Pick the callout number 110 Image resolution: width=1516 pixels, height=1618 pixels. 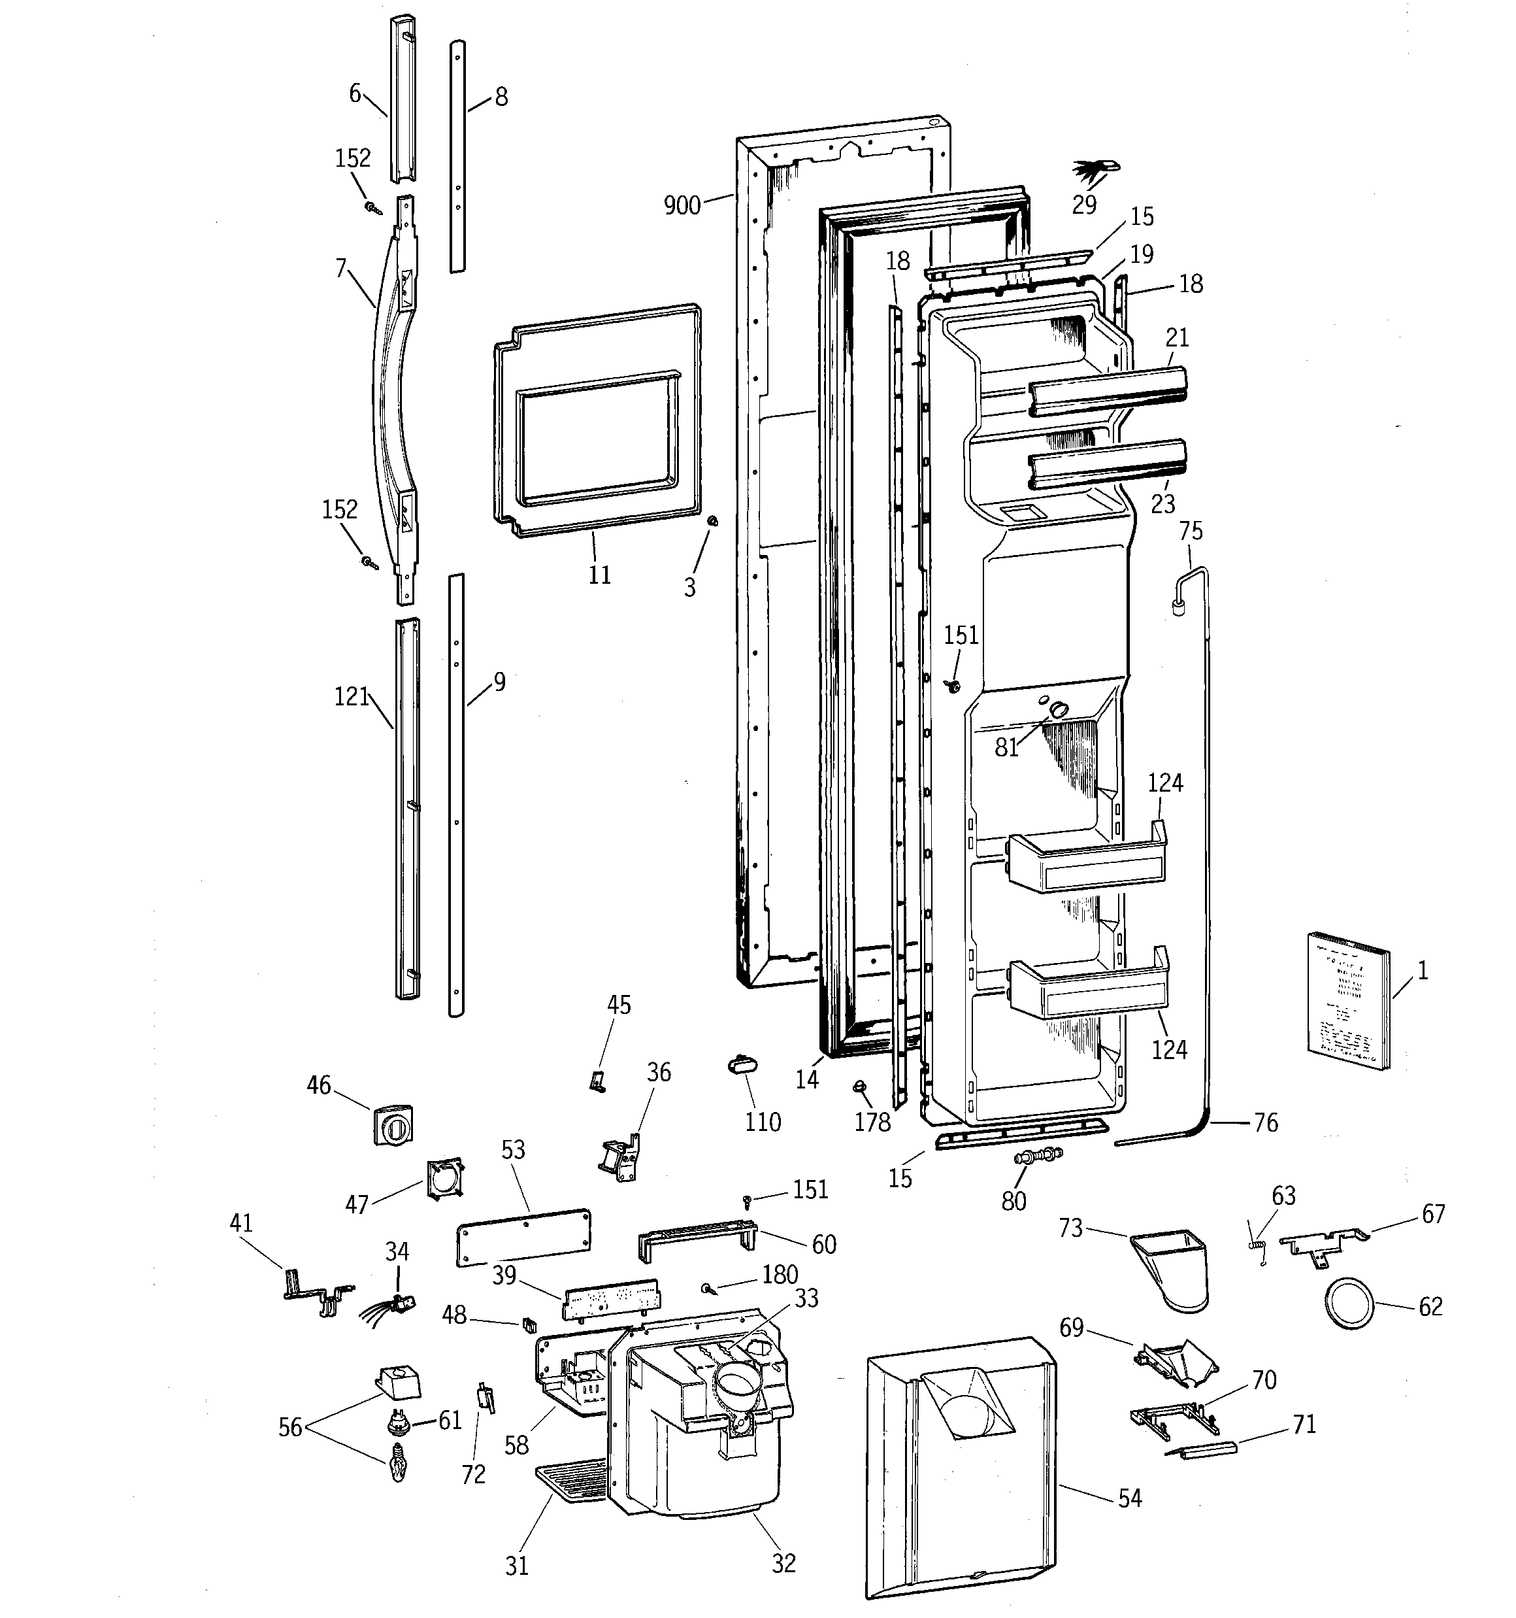click(x=763, y=1122)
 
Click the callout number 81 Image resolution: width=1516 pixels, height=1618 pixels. click(x=1006, y=747)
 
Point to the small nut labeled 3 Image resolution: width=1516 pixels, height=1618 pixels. click(x=713, y=521)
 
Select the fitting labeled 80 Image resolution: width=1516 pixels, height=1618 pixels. click(x=1037, y=1156)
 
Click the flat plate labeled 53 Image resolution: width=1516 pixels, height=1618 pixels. click(x=523, y=1238)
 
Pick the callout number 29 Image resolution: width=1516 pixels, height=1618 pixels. click(x=1084, y=204)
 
